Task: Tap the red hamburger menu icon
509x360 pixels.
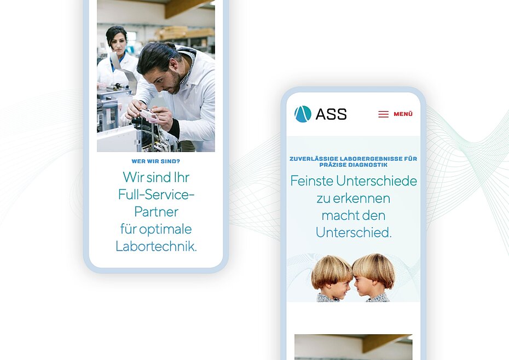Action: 383,114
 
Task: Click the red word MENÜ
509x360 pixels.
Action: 403,114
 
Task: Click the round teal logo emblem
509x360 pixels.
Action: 303,114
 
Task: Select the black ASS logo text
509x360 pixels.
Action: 331,114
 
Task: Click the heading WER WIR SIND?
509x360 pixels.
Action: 156,161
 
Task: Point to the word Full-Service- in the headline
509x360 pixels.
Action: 156,194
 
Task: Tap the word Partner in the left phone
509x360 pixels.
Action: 156,212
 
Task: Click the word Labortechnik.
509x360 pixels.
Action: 156,246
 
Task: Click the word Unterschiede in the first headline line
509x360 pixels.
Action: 377,181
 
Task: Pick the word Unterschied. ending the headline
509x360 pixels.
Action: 354,233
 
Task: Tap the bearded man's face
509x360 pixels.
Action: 166,79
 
